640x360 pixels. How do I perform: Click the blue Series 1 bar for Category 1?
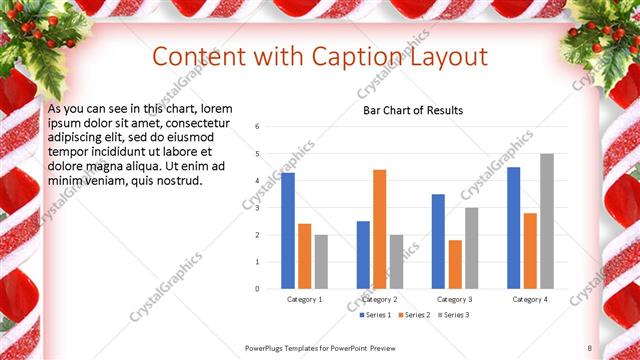coord(288,230)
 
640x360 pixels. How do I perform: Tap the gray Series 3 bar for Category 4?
coord(546,221)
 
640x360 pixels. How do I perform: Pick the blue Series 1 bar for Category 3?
coord(438,241)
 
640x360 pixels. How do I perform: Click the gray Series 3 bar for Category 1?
coord(321,261)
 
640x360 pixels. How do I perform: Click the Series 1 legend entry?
coord(375,315)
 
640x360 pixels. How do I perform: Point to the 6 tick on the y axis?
coord(258,127)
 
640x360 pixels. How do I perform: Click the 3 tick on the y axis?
coord(258,208)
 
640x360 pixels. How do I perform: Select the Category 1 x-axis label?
coord(304,299)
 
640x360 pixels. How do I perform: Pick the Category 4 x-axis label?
coord(529,299)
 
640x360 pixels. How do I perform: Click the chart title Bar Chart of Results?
coord(413,110)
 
